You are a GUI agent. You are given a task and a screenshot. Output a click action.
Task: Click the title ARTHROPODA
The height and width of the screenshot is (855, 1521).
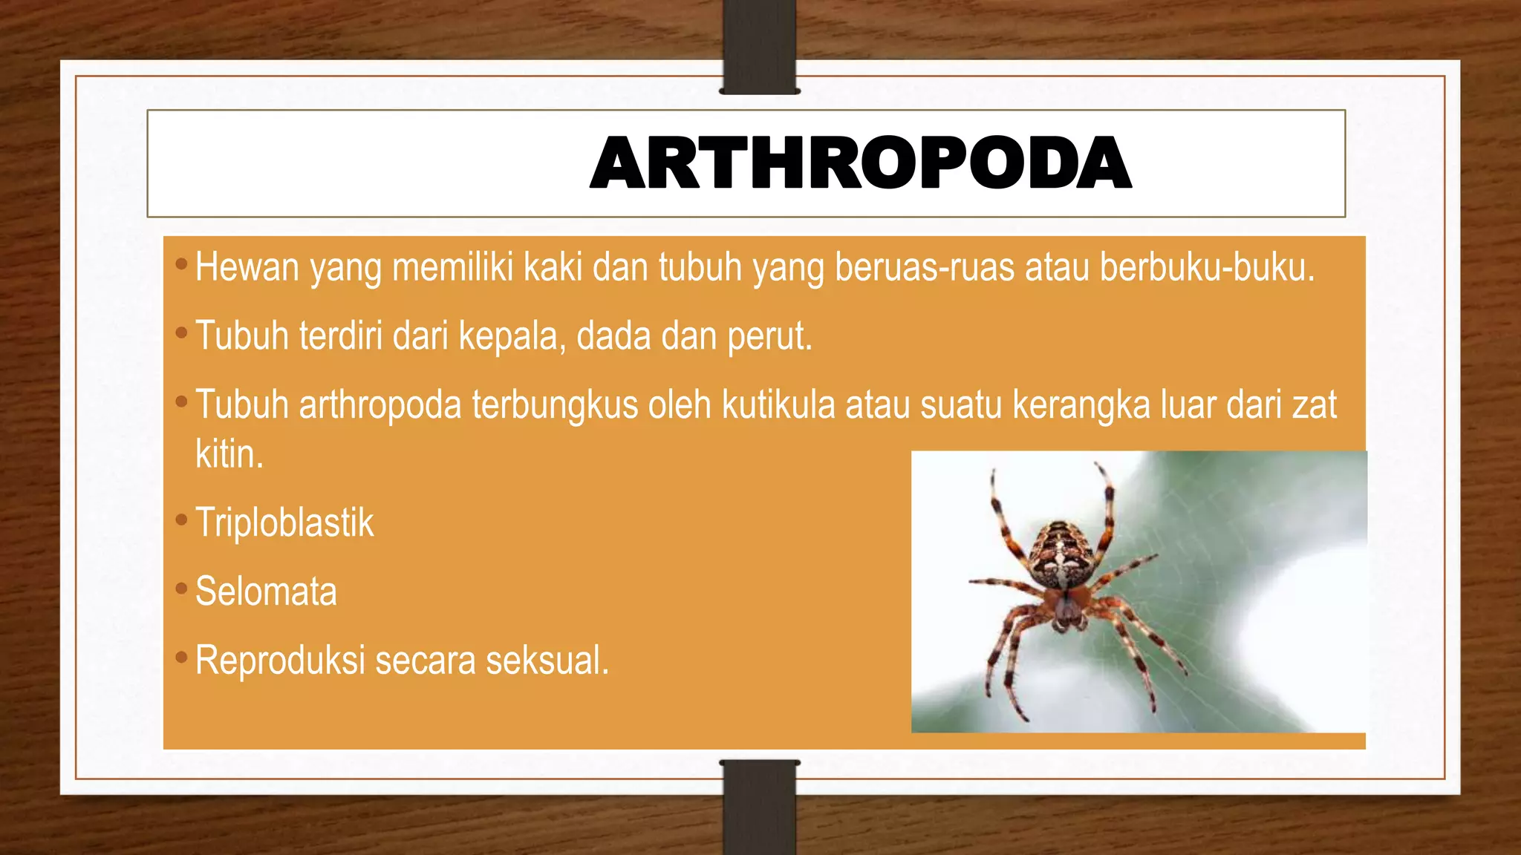tap(860, 163)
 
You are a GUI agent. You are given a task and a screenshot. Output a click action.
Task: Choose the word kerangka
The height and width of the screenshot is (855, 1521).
tap(1081, 405)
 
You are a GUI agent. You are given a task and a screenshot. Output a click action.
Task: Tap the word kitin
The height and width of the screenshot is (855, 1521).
tap(229, 454)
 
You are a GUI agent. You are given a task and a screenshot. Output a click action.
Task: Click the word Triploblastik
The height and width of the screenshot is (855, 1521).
tap(284, 523)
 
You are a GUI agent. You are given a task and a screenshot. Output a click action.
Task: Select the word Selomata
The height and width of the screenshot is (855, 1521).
tap(266, 592)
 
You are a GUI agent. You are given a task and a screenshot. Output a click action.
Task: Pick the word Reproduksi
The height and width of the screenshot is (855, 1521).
tap(280, 661)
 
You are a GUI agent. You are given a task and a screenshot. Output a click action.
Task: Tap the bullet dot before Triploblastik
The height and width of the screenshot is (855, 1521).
tap(181, 520)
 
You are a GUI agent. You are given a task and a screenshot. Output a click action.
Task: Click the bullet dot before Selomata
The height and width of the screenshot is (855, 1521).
tap(181, 589)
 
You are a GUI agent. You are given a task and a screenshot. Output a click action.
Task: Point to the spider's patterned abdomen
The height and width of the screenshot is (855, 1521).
tap(1064, 553)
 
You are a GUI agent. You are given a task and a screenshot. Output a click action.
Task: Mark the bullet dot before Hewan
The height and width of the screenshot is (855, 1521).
tap(181, 264)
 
